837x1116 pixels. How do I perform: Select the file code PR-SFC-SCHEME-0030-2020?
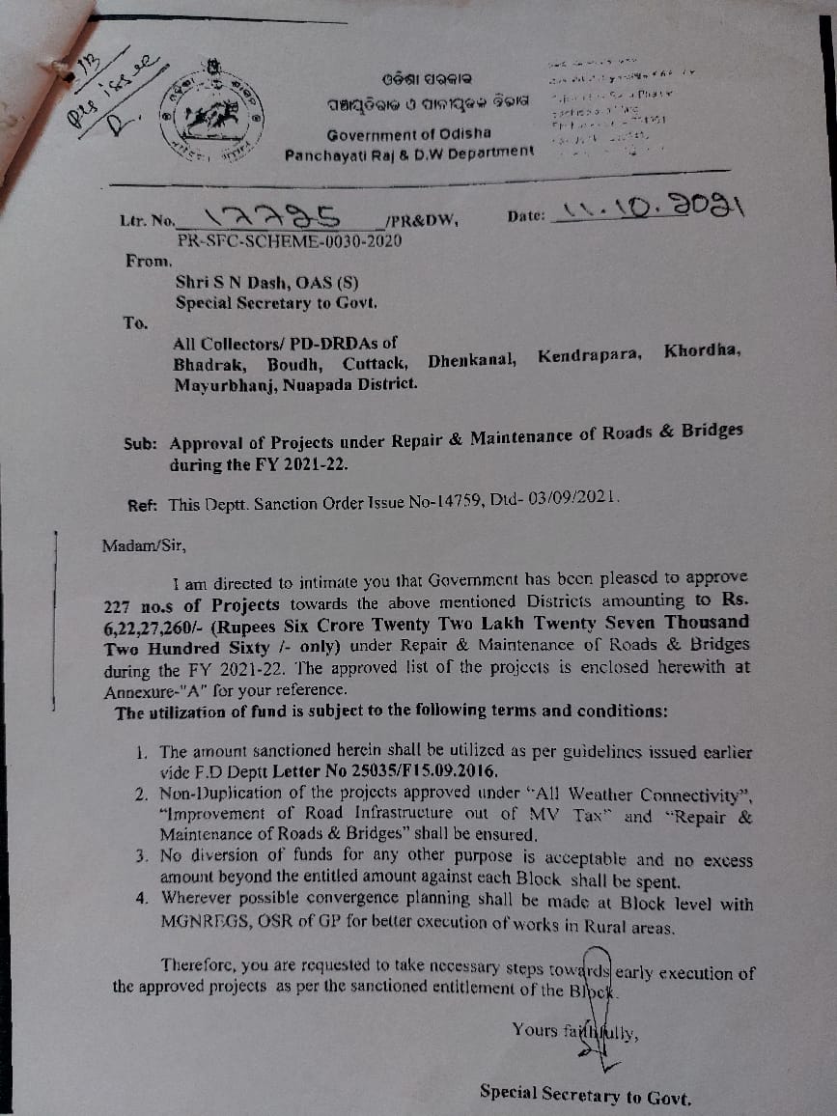click(x=290, y=241)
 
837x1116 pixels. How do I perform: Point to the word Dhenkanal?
click(x=472, y=361)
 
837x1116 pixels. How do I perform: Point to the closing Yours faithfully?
click(x=575, y=1031)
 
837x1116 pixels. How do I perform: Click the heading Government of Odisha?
click(x=408, y=133)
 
